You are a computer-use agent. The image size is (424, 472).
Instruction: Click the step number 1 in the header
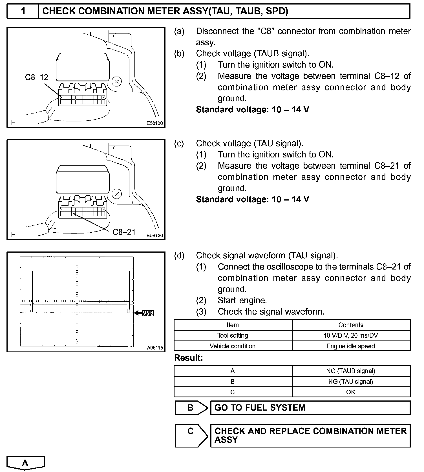(x=23, y=11)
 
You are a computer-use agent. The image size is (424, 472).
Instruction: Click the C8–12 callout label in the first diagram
(x=37, y=77)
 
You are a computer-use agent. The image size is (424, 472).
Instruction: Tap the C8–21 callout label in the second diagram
(x=124, y=232)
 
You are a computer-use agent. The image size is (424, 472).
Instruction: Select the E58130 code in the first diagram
(x=155, y=123)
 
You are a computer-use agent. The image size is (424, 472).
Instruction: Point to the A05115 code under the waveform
(x=155, y=348)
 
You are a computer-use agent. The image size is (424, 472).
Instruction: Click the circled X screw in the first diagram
(x=117, y=82)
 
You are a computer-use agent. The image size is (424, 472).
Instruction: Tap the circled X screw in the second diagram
(x=117, y=194)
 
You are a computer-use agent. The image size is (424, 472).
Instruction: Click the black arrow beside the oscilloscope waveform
(x=138, y=313)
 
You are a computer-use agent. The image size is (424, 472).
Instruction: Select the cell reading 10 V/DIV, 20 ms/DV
(x=351, y=335)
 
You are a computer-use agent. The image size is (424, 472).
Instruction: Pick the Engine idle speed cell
(x=351, y=346)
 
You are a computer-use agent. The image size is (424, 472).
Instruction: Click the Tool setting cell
(x=233, y=335)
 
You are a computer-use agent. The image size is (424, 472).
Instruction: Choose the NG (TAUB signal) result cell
(x=351, y=371)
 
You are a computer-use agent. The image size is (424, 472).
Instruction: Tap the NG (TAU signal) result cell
(x=351, y=382)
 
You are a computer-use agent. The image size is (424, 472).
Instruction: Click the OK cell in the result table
(x=351, y=392)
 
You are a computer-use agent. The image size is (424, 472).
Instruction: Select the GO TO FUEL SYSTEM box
(x=310, y=408)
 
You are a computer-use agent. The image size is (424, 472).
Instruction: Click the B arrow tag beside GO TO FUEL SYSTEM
(x=191, y=408)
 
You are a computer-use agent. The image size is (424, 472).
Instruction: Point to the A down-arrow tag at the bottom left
(x=25, y=463)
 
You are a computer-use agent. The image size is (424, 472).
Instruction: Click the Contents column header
(x=351, y=325)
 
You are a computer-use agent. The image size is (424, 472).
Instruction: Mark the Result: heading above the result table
(x=189, y=358)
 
